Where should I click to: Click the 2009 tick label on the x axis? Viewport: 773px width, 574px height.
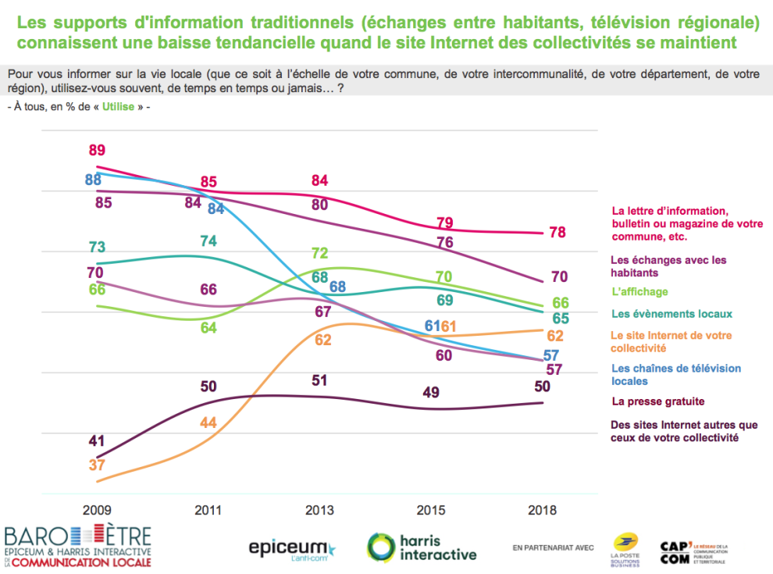[x=97, y=511]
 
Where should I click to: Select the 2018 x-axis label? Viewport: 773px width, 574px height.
[x=542, y=511]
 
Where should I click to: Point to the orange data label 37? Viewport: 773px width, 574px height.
[x=97, y=465]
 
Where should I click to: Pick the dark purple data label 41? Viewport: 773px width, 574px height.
[x=97, y=440]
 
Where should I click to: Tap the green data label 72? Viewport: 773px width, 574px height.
[x=319, y=253]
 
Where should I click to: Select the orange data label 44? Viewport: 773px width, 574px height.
[x=208, y=422]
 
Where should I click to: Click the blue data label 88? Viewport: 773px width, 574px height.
[x=94, y=180]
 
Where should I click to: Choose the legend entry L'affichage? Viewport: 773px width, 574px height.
[x=639, y=291]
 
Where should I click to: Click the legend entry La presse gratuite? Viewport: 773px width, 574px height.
[x=658, y=401]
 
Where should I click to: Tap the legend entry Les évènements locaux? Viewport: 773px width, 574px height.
[x=671, y=314]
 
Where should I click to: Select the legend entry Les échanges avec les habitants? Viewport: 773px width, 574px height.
[x=671, y=266]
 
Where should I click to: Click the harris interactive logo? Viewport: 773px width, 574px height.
[x=422, y=547]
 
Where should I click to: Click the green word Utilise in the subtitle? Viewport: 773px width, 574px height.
[x=118, y=105]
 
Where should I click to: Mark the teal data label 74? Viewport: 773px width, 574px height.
[x=208, y=241]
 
